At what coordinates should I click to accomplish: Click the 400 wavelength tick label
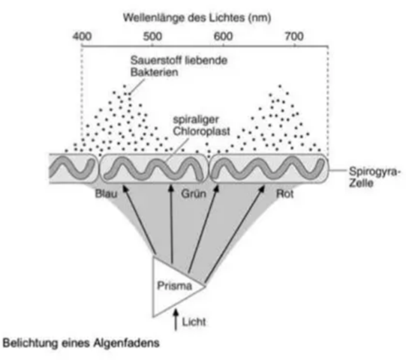(x=82, y=37)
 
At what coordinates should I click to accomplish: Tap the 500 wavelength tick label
(x=152, y=37)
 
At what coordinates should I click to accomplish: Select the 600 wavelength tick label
(x=223, y=37)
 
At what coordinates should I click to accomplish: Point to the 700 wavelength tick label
(x=294, y=37)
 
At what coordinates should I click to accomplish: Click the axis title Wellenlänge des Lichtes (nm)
(x=197, y=18)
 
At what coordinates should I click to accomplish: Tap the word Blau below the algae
(x=106, y=193)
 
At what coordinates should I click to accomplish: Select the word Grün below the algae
(x=194, y=193)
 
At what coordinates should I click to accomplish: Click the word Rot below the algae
(x=285, y=193)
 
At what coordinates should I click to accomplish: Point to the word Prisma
(x=175, y=286)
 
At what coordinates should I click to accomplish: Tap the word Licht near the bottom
(x=194, y=322)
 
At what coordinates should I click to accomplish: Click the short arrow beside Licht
(x=176, y=319)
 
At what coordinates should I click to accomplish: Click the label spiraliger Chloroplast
(x=201, y=125)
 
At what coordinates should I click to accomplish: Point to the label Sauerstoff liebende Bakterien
(x=179, y=66)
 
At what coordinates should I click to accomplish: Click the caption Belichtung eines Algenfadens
(x=81, y=343)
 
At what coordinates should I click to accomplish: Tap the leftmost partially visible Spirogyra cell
(x=74, y=169)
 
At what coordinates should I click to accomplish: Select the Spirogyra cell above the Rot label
(x=269, y=169)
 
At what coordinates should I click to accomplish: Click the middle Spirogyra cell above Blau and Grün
(x=154, y=169)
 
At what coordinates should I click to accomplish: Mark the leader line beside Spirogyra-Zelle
(x=338, y=170)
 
